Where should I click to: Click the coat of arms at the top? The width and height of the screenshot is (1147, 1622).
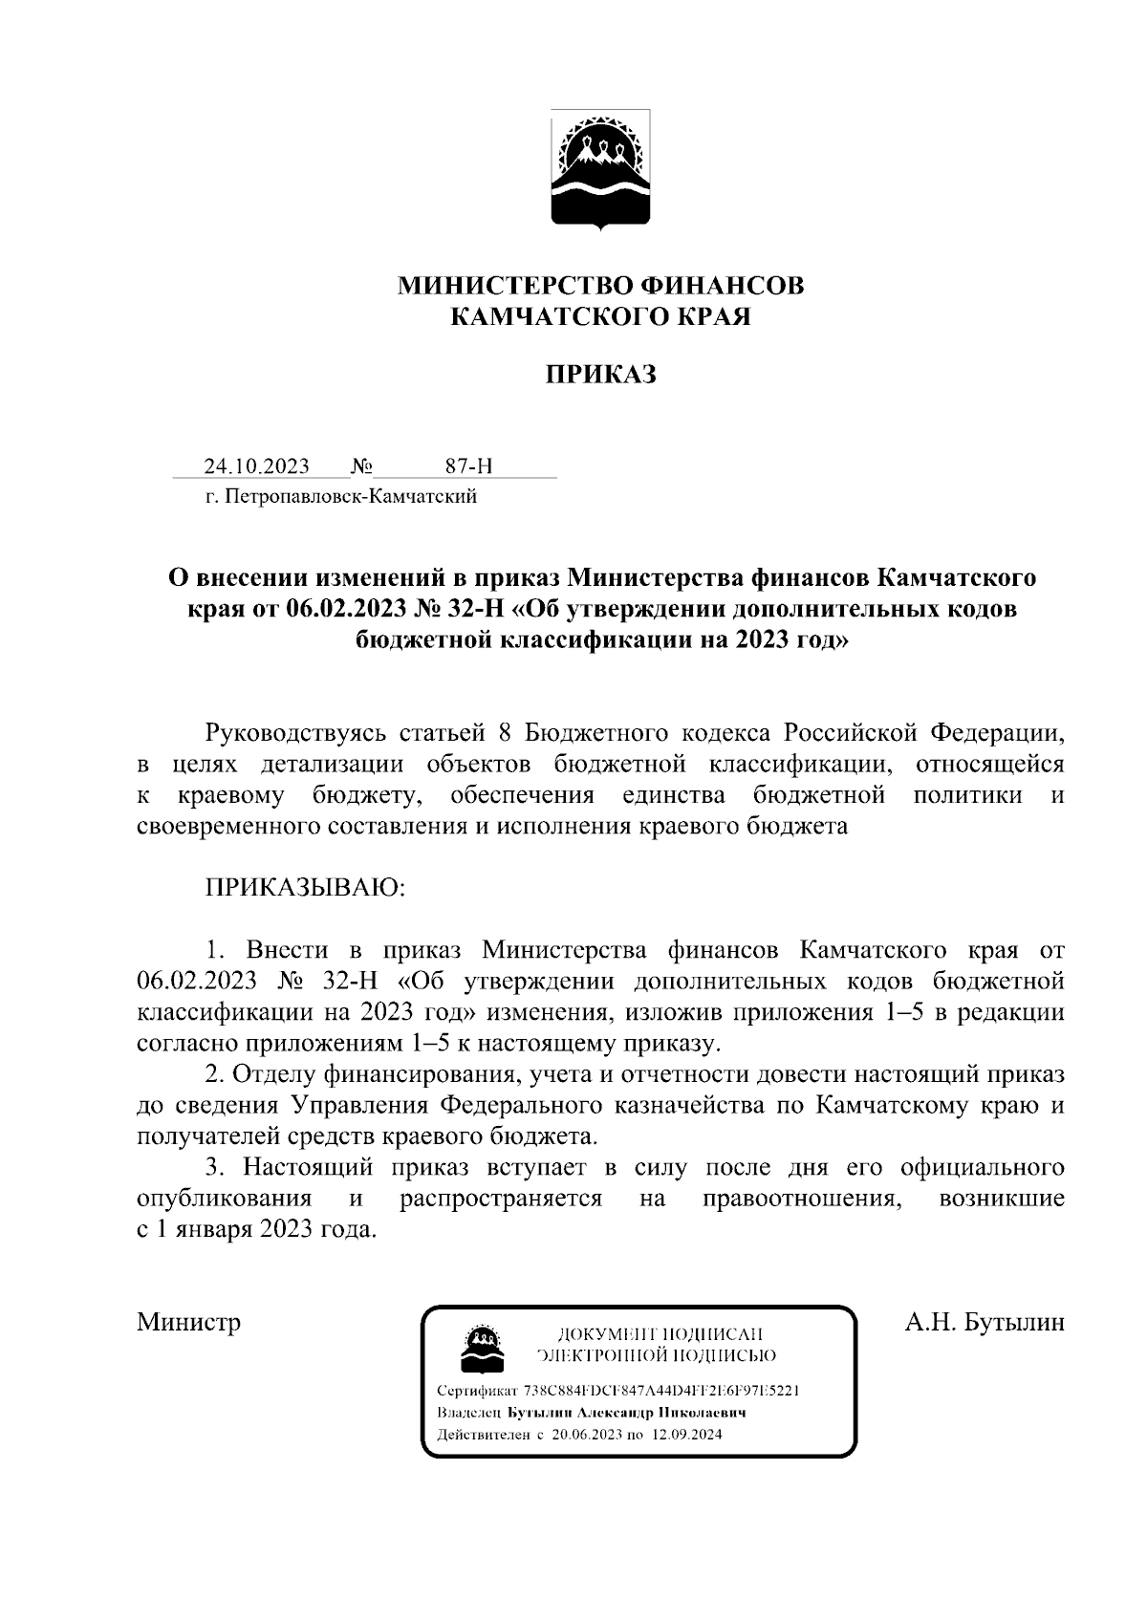point(600,171)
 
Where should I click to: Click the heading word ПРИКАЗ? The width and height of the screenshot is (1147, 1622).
point(600,375)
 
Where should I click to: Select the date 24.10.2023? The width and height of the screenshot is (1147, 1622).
point(256,466)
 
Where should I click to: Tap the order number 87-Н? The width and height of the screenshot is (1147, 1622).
point(468,466)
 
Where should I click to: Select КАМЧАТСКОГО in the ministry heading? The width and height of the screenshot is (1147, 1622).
point(549,316)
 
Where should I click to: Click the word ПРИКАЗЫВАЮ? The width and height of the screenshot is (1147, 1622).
point(306,888)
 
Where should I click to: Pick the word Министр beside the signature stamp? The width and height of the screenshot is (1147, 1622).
point(188,1322)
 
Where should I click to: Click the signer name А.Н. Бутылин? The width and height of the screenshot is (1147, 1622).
point(985,1322)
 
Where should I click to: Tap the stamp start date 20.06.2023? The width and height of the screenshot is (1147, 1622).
point(588,1435)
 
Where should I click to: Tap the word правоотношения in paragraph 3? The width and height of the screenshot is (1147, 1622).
point(803,1199)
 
